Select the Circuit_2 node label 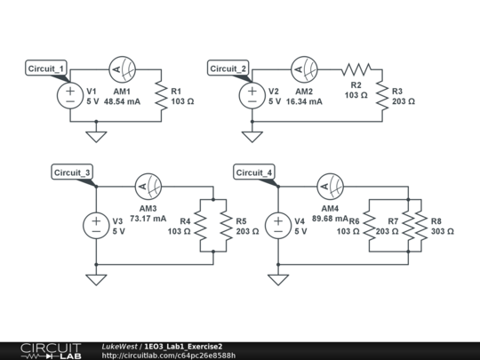click(228, 68)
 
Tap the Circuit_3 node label click(72, 172)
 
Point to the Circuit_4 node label click(253, 172)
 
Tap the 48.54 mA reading click(122, 102)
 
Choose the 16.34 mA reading click(304, 102)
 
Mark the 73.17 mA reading click(148, 218)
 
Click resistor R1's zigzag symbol click(161, 96)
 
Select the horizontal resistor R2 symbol click(356, 70)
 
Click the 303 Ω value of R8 click(441, 231)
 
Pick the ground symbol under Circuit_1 click(95, 136)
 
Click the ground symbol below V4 click(277, 279)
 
